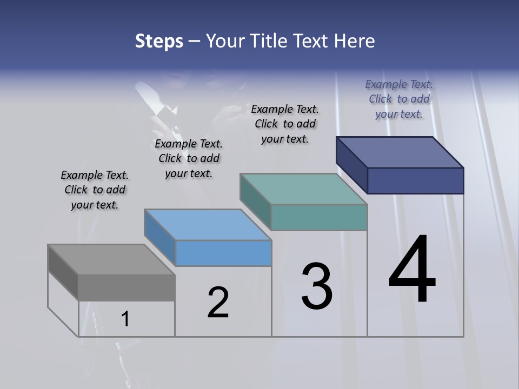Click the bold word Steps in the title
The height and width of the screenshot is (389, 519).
(x=159, y=41)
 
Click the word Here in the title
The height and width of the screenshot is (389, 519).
(x=354, y=41)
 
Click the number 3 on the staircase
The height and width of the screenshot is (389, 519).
(x=316, y=286)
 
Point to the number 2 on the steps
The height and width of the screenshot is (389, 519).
(x=218, y=303)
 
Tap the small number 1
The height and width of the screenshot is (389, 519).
(x=125, y=319)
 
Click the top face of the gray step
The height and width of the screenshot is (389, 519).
(x=111, y=259)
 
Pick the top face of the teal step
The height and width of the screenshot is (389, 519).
(x=303, y=189)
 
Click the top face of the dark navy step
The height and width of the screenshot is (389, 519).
(x=400, y=152)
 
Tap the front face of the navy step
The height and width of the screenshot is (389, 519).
(x=415, y=180)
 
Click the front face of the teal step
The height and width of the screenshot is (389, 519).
(x=319, y=218)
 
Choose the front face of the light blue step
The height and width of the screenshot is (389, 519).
(x=223, y=253)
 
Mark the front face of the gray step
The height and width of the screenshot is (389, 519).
(x=127, y=287)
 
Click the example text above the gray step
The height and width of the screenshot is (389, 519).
(x=95, y=190)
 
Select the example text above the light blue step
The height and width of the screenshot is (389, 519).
(x=189, y=158)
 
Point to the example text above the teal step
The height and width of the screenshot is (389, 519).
(x=285, y=124)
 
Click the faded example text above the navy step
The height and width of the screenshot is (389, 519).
(x=399, y=99)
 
